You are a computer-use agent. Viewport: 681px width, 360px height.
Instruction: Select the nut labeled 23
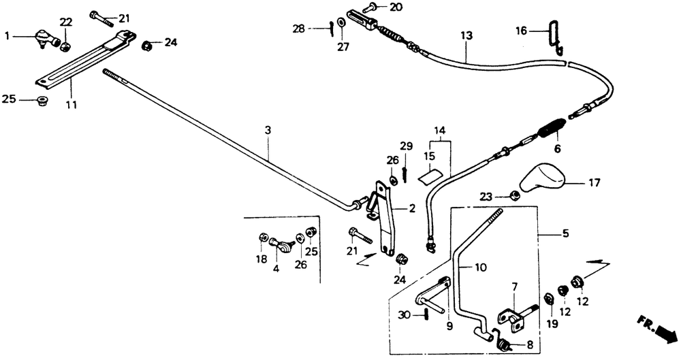pos(513,194)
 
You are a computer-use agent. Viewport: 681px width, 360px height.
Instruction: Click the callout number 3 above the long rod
pos(268,130)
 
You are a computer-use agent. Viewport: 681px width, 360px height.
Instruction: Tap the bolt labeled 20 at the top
pos(370,7)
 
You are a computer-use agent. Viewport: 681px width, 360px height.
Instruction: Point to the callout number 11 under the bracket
pos(72,105)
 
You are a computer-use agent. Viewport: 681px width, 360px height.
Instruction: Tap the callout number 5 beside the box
pos(565,233)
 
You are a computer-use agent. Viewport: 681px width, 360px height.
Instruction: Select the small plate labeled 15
pos(431,175)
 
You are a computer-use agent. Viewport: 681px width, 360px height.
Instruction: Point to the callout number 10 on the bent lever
pos(480,267)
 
